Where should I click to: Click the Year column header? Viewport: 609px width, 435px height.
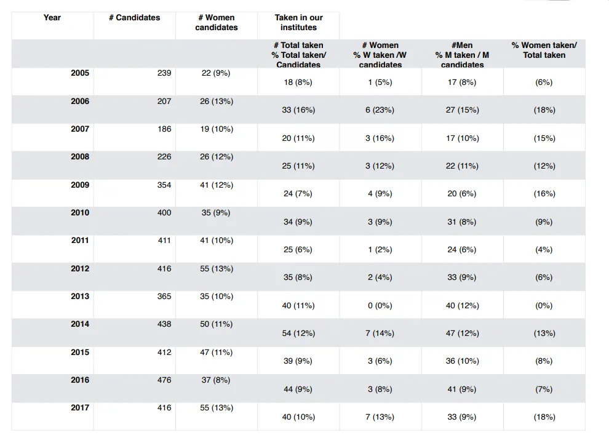pyautogui.click(x=52, y=17)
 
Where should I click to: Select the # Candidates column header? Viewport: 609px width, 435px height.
pyautogui.click(x=134, y=17)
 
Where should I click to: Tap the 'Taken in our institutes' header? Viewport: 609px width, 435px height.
pyautogui.click(x=299, y=23)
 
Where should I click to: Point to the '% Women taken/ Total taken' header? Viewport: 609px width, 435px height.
pyautogui.click(x=544, y=50)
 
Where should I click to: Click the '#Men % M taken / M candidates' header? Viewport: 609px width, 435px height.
pyautogui.click(x=462, y=55)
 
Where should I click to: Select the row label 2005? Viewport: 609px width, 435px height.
pyautogui.click(x=80, y=73)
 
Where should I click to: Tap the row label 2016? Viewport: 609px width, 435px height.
pyautogui.click(x=80, y=380)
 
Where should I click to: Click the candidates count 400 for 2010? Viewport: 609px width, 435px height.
pyautogui.click(x=164, y=212)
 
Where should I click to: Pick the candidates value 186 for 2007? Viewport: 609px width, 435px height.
pyautogui.click(x=164, y=129)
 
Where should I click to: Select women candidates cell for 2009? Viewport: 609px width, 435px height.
pyautogui.click(x=217, y=185)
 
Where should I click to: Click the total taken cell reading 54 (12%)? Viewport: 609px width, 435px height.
pyautogui.click(x=299, y=333)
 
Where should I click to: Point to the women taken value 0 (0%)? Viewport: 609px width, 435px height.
pyautogui.click(x=380, y=306)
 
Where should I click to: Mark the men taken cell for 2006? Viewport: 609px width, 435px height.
pyautogui.click(x=462, y=110)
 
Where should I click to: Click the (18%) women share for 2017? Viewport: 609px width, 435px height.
pyautogui.click(x=544, y=417)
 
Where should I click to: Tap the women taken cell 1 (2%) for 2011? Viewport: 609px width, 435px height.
pyautogui.click(x=380, y=250)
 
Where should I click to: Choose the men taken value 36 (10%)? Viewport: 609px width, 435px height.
pyautogui.click(x=462, y=361)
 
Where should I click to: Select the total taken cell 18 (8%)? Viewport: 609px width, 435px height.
pyautogui.click(x=298, y=82)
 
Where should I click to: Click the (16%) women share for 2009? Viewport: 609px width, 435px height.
pyautogui.click(x=544, y=194)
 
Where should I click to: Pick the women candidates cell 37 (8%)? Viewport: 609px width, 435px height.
pyautogui.click(x=216, y=380)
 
